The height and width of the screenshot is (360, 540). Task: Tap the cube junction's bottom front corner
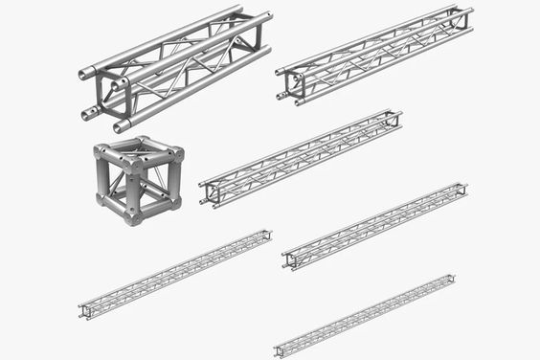(x=133, y=216)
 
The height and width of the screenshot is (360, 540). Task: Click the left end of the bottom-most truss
(x=279, y=349)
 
